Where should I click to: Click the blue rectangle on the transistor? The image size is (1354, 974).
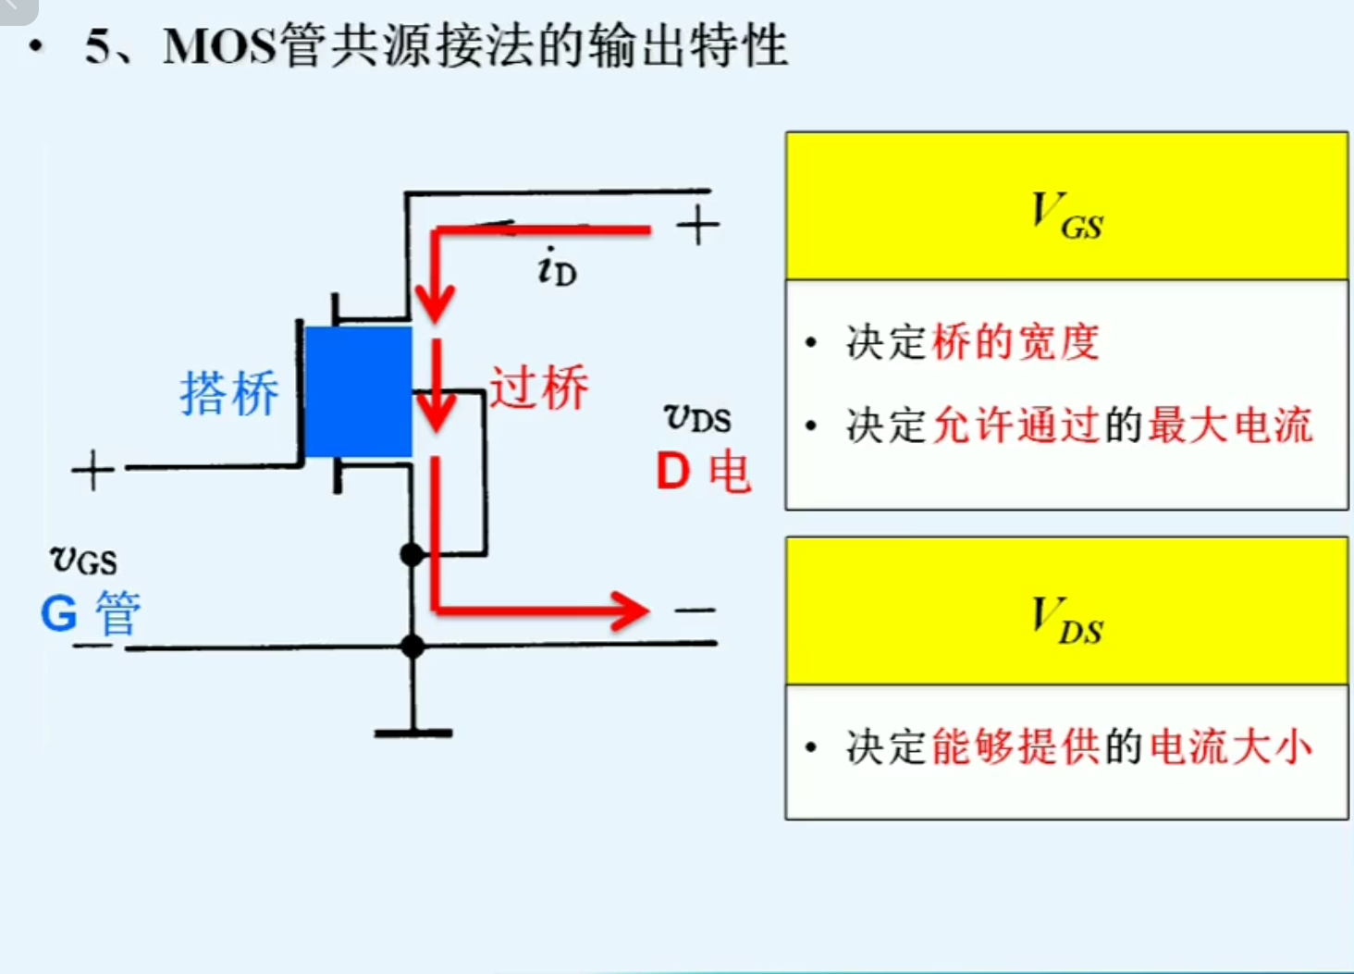tap(358, 391)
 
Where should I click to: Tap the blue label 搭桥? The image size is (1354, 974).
tap(228, 393)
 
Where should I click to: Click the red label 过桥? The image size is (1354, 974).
tap(538, 387)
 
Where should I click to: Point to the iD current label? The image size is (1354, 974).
tap(556, 267)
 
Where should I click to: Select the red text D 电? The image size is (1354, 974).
tap(703, 472)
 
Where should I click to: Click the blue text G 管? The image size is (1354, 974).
tap(90, 613)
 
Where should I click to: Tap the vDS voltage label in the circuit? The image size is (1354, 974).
tap(697, 418)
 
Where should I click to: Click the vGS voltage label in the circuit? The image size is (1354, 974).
tap(83, 560)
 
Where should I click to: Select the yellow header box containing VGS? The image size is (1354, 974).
tap(1066, 206)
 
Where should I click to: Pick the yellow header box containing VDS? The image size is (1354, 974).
tap(1066, 611)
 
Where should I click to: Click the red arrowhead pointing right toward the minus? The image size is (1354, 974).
tap(631, 610)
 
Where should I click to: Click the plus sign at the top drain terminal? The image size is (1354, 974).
tap(697, 226)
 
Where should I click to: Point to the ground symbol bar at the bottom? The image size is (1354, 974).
tap(412, 733)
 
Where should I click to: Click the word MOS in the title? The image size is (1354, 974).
tap(220, 46)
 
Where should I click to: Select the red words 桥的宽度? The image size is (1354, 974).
tap(1015, 343)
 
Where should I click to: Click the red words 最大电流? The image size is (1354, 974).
tap(1230, 426)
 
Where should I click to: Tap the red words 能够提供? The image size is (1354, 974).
tap(1015, 747)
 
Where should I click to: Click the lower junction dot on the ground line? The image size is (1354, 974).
tap(412, 646)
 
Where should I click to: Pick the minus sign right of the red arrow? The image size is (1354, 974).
tap(695, 610)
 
